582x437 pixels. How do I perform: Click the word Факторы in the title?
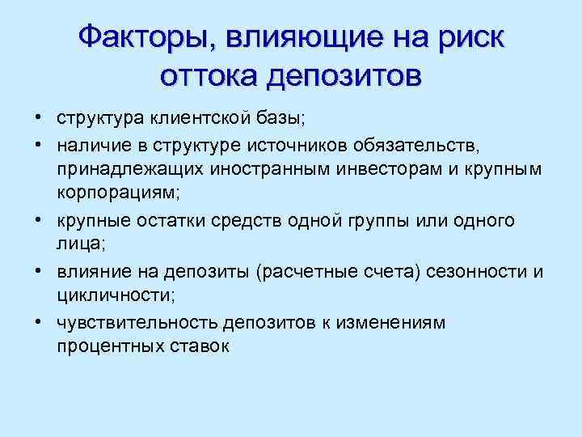click(150, 38)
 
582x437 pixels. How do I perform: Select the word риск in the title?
click(466, 38)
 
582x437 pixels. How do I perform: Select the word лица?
click(78, 244)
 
